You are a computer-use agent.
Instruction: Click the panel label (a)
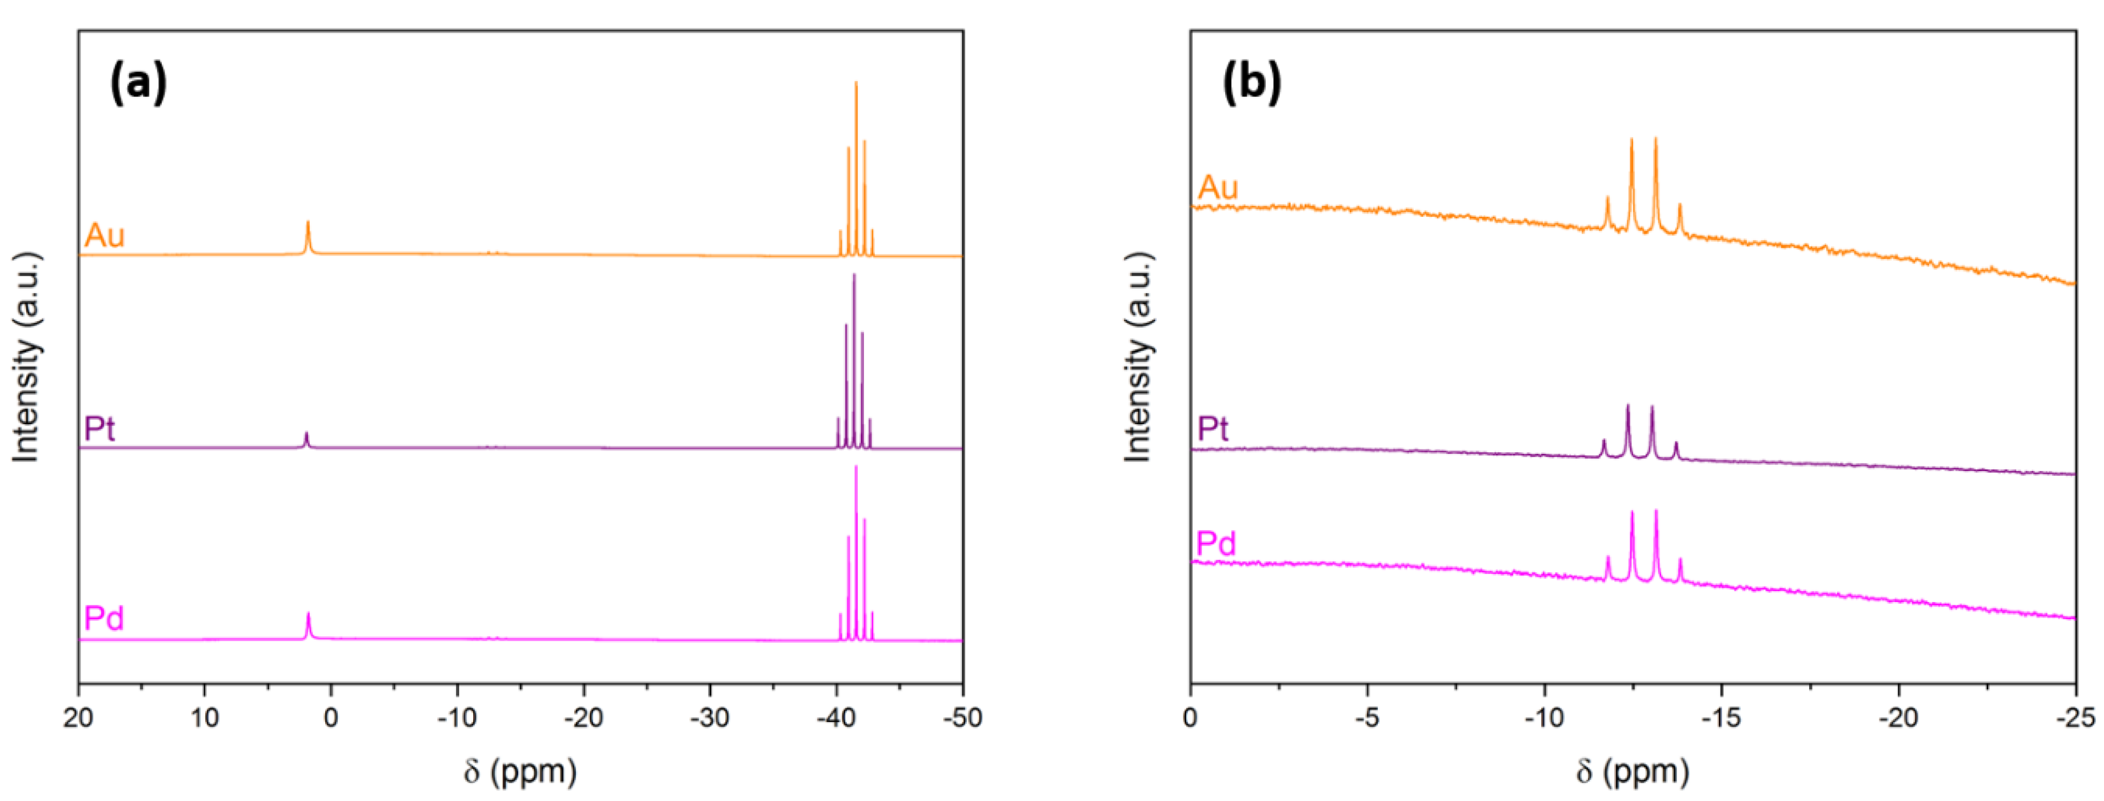[x=138, y=83]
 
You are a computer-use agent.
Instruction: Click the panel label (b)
[x=1251, y=83]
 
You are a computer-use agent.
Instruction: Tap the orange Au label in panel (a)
[x=105, y=236]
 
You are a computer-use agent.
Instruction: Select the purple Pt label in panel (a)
[x=99, y=428]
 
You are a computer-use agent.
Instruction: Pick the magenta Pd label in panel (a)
[x=104, y=619]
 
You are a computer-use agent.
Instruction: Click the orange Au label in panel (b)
[x=1218, y=188]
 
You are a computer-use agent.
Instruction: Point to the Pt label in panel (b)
[x=1213, y=428]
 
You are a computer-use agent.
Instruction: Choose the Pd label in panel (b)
[x=1216, y=544]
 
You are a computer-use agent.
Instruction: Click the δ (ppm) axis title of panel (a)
[x=520, y=771]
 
